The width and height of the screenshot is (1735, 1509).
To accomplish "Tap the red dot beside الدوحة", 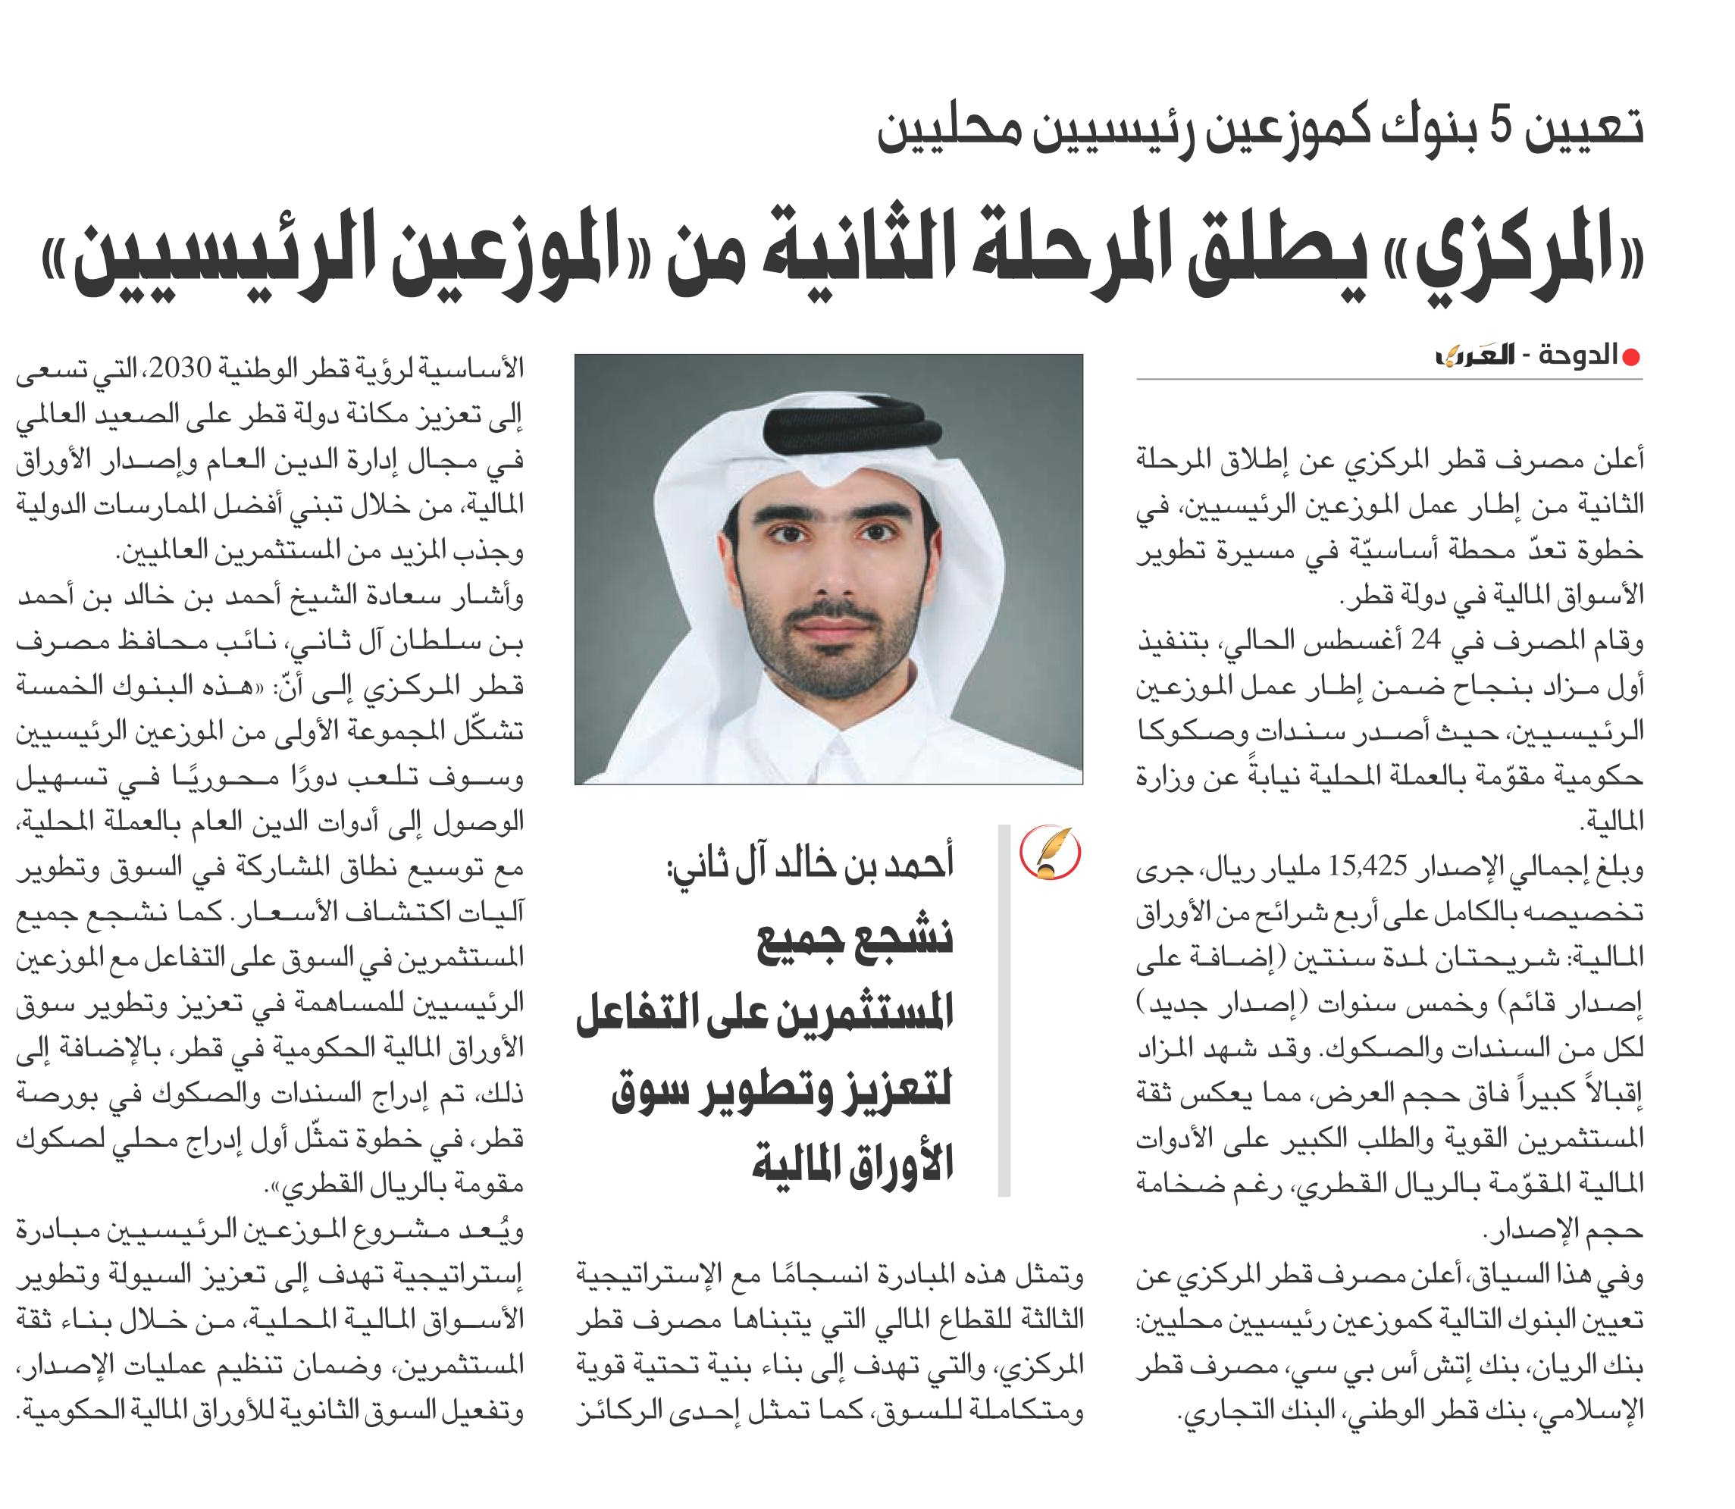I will coord(1630,358).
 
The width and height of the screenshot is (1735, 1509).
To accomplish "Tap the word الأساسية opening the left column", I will coord(477,369).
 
